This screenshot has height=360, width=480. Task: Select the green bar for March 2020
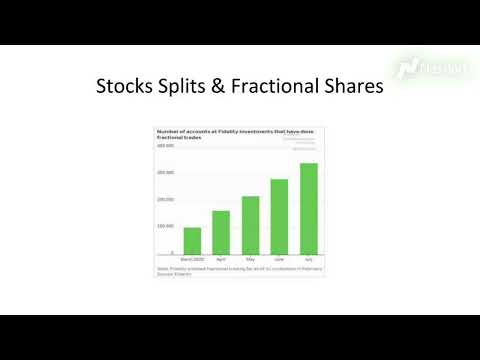pyautogui.click(x=192, y=240)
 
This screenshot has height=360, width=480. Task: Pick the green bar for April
pyautogui.click(x=221, y=232)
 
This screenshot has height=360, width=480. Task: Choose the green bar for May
pyautogui.click(x=250, y=225)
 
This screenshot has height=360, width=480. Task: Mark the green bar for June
pyautogui.click(x=279, y=216)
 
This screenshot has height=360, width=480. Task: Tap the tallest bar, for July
pyautogui.click(x=309, y=208)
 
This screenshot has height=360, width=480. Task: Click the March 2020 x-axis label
pyautogui.click(x=192, y=258)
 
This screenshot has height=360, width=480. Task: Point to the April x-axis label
pyautogui.click(x=221, y=258)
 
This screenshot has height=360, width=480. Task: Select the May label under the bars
pyautogui.click(x=250, y=258)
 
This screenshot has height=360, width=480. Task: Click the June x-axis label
pyautogui.click(x=279, y=258)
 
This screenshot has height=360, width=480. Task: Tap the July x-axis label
pyautogui.click(x=309, y=258)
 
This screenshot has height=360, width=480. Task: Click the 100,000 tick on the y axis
pyautogui.click(x=166, y=226)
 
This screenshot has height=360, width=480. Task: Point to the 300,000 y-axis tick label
pyautogui.click(x=166, y=172)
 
